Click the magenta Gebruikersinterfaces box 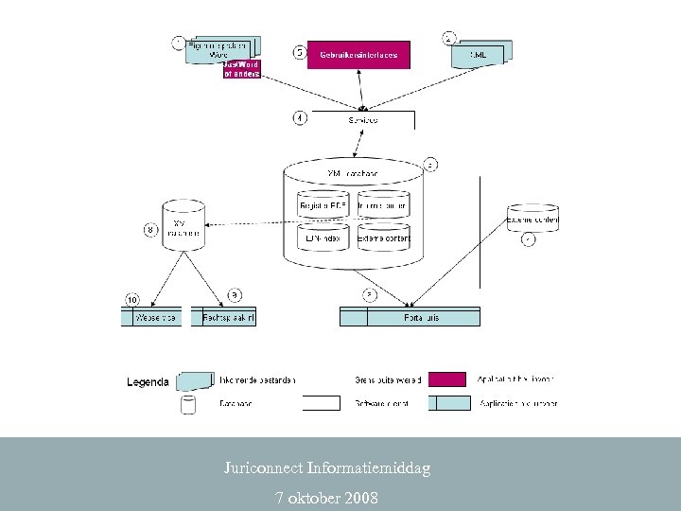[358, 56]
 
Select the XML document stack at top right [480, 53]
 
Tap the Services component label [362, 120]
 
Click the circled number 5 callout [299, 53]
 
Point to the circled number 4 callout [299, 118]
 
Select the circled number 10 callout [132, 299]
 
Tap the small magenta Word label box [241, 69]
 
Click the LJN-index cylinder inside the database [323, 238]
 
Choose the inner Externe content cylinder [383, 238]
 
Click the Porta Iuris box [410, 318]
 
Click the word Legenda [148, 382]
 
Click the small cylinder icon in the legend [188, 405]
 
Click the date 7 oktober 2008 [326, 497]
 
